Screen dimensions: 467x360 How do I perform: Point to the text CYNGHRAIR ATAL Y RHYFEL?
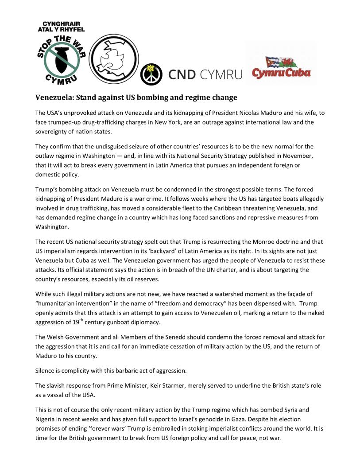61,26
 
